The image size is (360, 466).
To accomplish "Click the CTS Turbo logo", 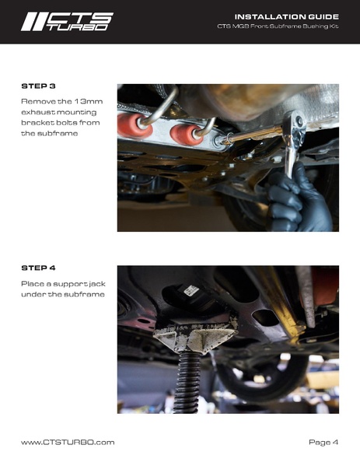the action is [67, 22].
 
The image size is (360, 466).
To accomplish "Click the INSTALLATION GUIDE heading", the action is [286, 16].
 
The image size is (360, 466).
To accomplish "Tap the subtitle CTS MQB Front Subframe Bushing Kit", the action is [278, 26].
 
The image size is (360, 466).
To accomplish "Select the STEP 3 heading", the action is [38, 86].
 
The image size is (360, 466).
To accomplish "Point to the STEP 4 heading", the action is [38, 268].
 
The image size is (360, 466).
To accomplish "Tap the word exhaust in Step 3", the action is [38, 112].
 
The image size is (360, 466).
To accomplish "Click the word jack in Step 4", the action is [97, 284].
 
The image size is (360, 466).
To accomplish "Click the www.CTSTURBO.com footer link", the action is [68, 442].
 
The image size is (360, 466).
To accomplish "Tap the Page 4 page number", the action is [323, 442].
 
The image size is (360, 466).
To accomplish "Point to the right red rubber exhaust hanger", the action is [184, 134].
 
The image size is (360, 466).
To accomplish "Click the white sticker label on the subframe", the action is [190, 290].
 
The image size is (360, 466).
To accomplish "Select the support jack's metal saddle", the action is [196, 335].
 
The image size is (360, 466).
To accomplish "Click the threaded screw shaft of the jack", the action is [187, 383].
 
